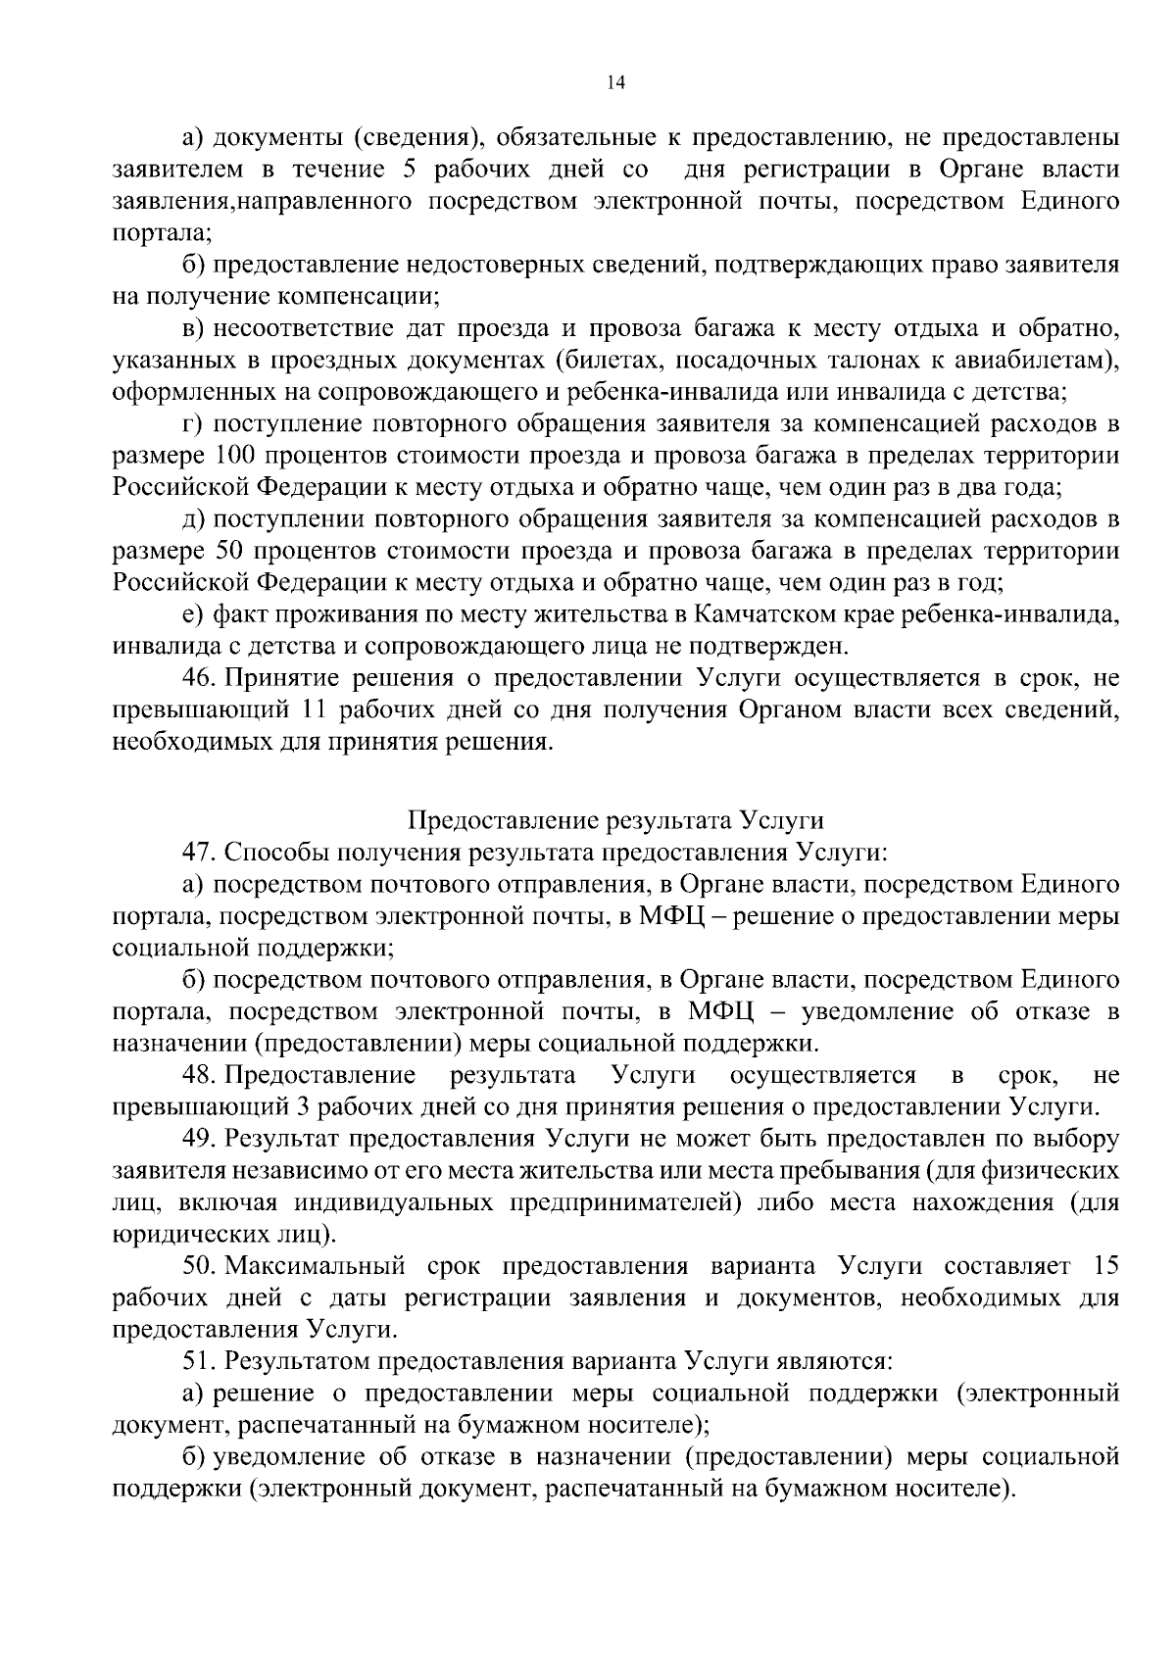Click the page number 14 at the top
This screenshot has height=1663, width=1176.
615,84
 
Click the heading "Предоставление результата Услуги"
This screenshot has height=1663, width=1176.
615,820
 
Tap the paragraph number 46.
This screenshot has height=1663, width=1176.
196,678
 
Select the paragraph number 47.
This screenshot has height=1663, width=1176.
196,853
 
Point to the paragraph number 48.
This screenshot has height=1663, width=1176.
196,1076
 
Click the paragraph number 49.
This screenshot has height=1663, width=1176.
196,1140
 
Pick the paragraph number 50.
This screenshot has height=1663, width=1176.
196,1267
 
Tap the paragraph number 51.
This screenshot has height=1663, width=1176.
196,1362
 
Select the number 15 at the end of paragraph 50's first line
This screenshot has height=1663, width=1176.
1105,1267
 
